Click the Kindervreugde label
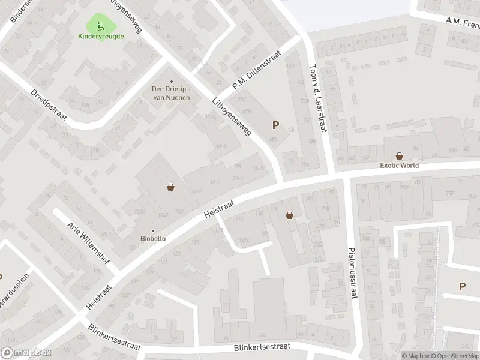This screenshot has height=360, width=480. pyautogui.click(x=101, y=36)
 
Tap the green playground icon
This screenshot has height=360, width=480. pyautogui.click(x=98, y=26)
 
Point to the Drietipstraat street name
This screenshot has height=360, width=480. pyautogui.click(x=49, y=106)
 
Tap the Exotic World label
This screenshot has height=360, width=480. pyautogui.click(x=399, y=166)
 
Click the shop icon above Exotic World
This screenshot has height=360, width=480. pyautogui.click(x=400, y=155)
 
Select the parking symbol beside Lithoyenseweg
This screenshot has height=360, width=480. pyautogui.click(x=275, y=125)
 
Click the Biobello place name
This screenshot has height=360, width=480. pyautogui.click(x=152, y=239)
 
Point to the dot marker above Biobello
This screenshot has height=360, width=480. pyautogui.click(x=152, y=230)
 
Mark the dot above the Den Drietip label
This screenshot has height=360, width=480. pyautogui.click(x=172, y=82)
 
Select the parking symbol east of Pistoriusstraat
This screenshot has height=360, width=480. pyautogui.click(x=462, y=287)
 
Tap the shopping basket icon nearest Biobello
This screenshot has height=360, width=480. pyautogui.click(x=171, y=187)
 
